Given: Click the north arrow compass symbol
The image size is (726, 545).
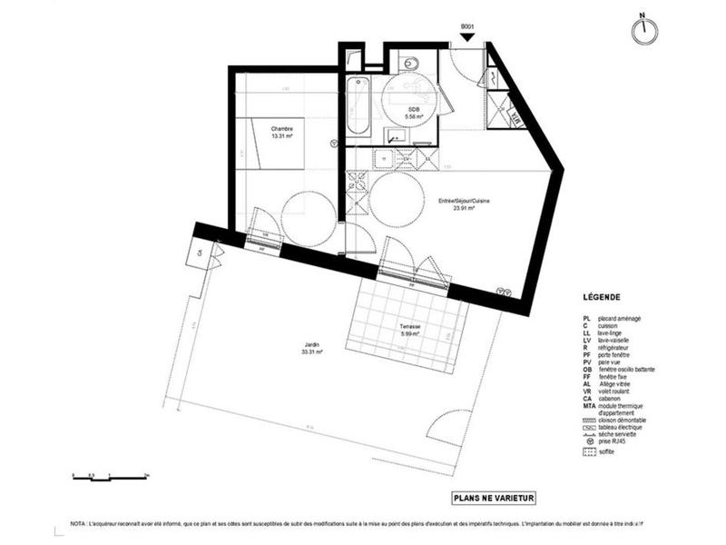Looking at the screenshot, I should pyautogui.click(x=646, y=28).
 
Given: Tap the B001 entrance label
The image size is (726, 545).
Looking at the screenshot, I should pyautogui.click(x=468, y=27).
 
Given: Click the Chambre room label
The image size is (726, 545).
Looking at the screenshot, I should pyautogui.click(x=282, y=133).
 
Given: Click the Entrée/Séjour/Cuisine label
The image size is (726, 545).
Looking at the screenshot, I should pyautogui.click(x=464, y=203).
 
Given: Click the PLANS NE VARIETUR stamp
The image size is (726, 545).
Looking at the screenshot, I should pyautogui.click(x=495, y=497).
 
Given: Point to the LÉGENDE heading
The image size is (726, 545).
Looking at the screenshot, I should pyautogui.click(x=602, y=297).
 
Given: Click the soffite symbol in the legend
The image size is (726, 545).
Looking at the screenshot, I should pyautogui.click(x=590, y=451).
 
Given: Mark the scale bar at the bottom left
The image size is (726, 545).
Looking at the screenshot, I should pyautogui.click(x=110, y=474).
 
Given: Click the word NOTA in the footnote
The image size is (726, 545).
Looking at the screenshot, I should pyautogui.click(x=79, y=525).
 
